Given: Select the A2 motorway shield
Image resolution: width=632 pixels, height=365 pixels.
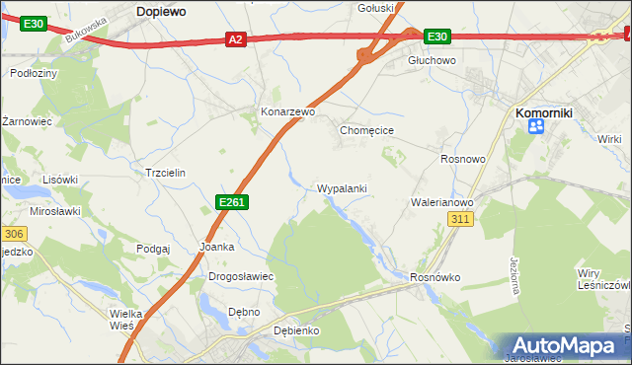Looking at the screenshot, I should click(x=235, y=39).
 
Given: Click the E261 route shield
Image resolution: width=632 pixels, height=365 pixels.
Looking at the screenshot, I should click(x=231, y=202).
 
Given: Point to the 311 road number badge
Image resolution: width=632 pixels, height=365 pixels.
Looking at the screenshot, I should click(x=458, y=219).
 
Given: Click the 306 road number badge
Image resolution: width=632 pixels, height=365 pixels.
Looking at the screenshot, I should click(x=12, y=234).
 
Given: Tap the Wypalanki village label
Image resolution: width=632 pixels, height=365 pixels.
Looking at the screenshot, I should click(x=343, y=187).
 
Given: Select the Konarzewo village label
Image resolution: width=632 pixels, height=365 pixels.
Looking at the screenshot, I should click(x=287, y=112).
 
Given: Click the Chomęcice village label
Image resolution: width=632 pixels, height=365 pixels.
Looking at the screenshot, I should click(x=367, y=130).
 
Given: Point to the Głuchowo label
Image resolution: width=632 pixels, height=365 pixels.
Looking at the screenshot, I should click(x=433, y=60).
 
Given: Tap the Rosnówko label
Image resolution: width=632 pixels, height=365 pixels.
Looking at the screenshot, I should click(x=435, y=277).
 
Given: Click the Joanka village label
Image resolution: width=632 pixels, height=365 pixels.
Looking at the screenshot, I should click(x=216, y=247).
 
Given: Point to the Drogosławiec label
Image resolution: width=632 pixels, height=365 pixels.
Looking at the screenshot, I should click(x=240, y=276).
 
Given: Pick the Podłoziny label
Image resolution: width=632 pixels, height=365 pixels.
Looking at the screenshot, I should click(x=33, y=73).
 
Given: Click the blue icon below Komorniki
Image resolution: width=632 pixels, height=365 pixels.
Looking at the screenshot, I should click(x=536, y=126).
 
